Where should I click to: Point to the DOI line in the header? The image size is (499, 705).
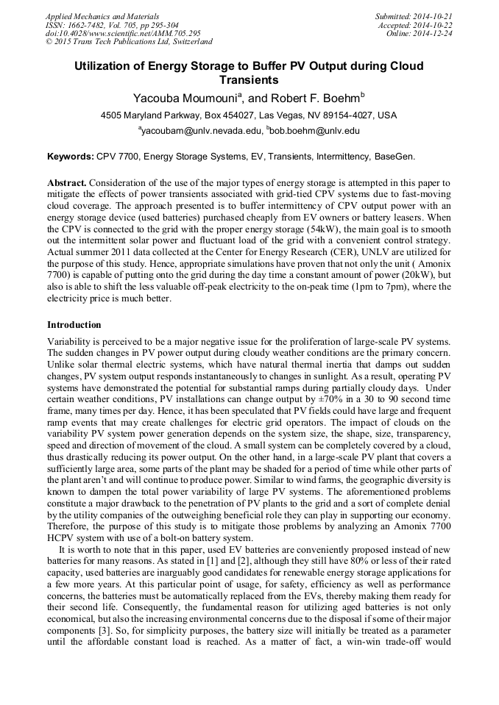123,34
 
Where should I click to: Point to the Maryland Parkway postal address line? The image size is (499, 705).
249,115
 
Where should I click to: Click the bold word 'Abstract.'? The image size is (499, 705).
68,182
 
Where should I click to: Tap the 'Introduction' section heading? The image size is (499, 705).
74,324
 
